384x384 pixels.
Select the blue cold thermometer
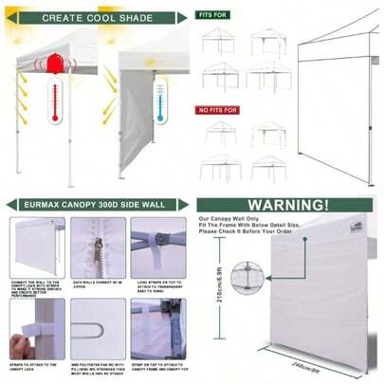coord(159,101)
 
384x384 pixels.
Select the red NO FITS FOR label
coord(215,109)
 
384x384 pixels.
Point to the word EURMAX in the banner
coord(46,204)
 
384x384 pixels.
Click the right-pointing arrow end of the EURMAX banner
coord(180,204)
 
